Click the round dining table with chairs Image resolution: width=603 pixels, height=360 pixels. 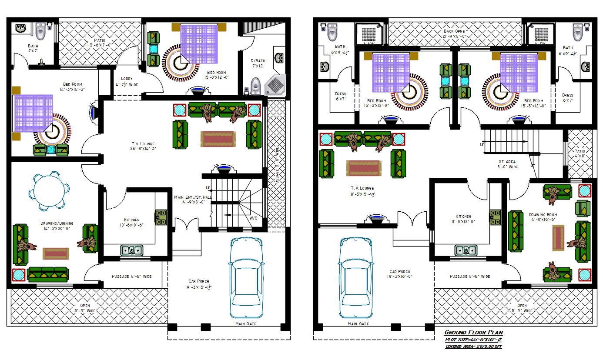point(48,190)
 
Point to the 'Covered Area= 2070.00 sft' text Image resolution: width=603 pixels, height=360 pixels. point(473,347)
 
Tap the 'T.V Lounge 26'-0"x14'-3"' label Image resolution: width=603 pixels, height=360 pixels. point(143,146)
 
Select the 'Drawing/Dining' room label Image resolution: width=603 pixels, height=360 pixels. point(58,226)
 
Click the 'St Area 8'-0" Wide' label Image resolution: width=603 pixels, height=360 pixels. point(507,164)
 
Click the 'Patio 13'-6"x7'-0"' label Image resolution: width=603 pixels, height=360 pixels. point(100,42)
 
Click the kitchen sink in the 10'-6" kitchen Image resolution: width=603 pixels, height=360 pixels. point(131,250)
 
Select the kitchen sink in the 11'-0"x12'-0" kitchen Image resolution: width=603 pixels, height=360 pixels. point(465,250)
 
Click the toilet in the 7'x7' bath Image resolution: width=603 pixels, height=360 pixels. point(40,30)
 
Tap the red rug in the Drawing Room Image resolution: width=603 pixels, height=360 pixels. point(558,238)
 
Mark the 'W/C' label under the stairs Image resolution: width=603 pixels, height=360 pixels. point(253,218)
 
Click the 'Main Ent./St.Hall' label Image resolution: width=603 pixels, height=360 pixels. point(192,200)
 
